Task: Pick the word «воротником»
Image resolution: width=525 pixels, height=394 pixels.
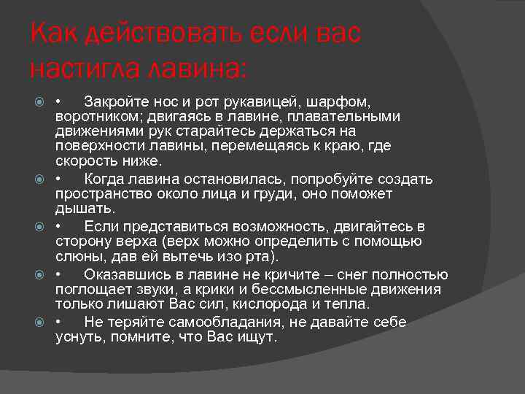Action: [97, 116]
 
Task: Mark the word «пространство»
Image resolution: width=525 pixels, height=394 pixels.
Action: [102, 195]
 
